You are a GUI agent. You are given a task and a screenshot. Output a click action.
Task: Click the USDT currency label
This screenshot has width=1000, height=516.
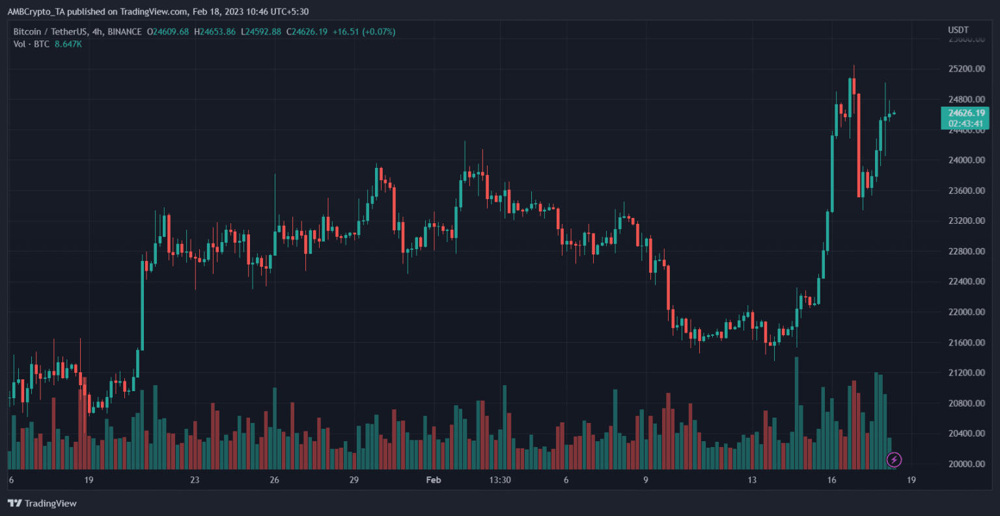click(x=958, y=30)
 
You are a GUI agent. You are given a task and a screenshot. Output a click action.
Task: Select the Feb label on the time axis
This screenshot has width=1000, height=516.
click(x=433, y=480)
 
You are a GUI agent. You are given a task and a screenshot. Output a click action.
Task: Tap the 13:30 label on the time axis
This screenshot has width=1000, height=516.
click(x=499, y=480)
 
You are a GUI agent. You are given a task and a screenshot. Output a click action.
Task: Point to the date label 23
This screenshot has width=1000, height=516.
click(x=195, y=480)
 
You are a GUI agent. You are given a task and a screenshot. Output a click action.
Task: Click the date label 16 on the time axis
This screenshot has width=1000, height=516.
click(x=831, y=480)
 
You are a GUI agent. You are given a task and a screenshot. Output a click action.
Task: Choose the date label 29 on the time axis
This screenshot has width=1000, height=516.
click(x=354, y=480)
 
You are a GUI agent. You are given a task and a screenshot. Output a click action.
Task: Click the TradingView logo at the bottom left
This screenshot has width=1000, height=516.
click(x=42, y=503)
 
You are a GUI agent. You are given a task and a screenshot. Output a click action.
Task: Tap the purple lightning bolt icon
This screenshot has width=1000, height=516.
click(x=894, y=460)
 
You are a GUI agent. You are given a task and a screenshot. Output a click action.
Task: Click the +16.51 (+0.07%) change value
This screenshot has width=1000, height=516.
click(x=363, y=32)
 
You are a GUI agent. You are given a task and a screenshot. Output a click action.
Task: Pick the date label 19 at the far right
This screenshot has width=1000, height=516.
click(x=911, y=480)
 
